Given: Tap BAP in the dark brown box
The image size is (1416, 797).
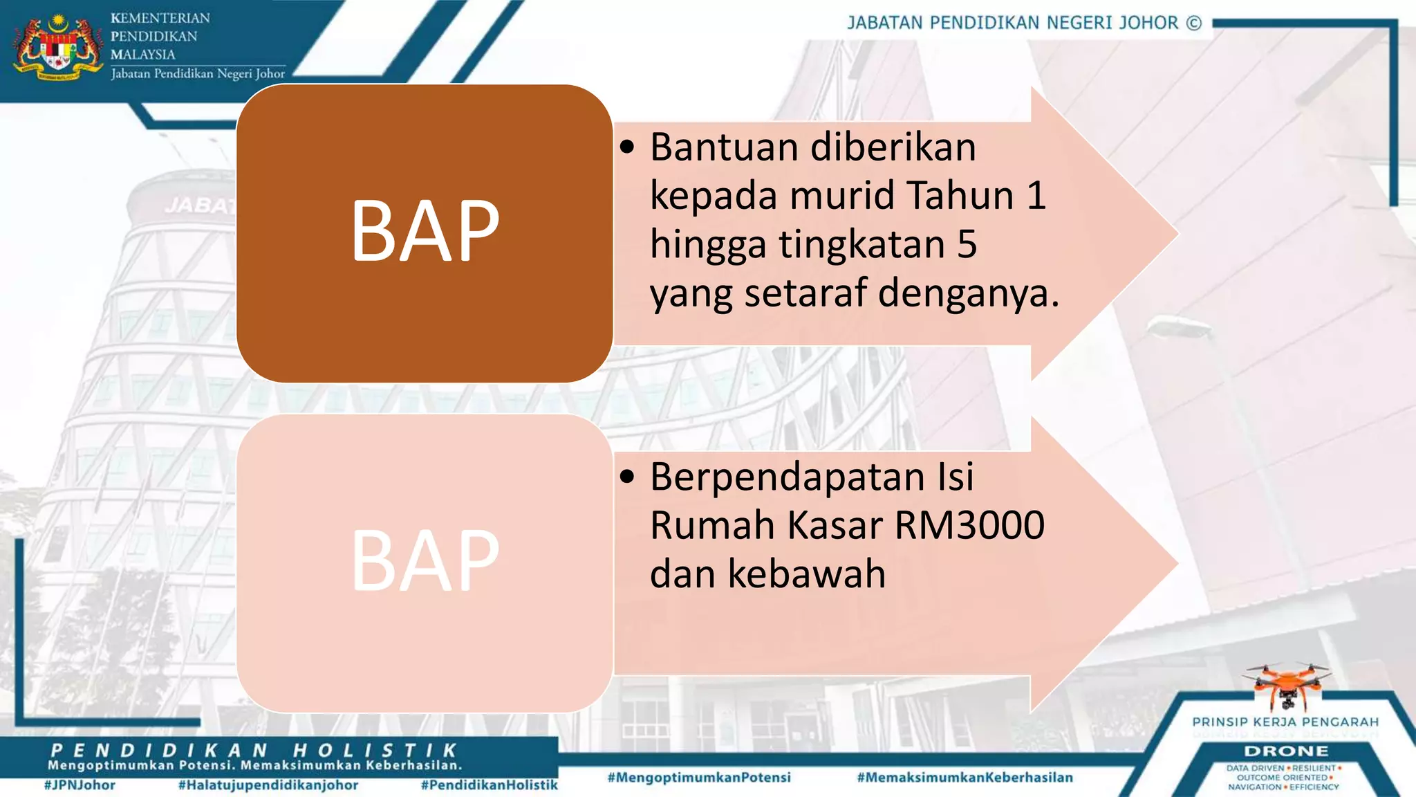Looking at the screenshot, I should click(x=425, y=231).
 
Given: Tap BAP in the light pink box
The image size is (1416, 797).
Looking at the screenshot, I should click(x=425, y=561).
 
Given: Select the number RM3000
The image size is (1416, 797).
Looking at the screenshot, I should click(x=969, y=525).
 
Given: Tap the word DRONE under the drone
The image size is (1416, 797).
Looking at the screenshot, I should click(x=1286, y=751).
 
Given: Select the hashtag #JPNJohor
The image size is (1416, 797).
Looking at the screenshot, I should click(x=80, y=785).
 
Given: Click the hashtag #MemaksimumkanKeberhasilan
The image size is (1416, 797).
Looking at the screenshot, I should click(x=965, y=778).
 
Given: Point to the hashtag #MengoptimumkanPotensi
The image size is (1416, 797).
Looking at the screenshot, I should click(x=699, y=778).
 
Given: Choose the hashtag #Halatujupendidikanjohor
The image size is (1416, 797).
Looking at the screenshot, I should click(x=268, y=785).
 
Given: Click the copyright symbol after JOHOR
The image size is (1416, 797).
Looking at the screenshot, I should click(x=1194, y=23).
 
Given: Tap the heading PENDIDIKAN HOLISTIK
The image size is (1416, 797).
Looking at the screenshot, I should click(x=254, y=751).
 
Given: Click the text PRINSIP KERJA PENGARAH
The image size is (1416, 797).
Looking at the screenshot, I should click(x=1285, y=722).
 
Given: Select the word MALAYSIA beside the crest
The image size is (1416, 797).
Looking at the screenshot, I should click(x=143, y=55).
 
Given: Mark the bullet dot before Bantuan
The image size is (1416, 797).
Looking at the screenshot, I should click(x=626, y=147).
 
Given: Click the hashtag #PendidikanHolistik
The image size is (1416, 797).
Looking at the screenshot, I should click(x=489, y=785).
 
